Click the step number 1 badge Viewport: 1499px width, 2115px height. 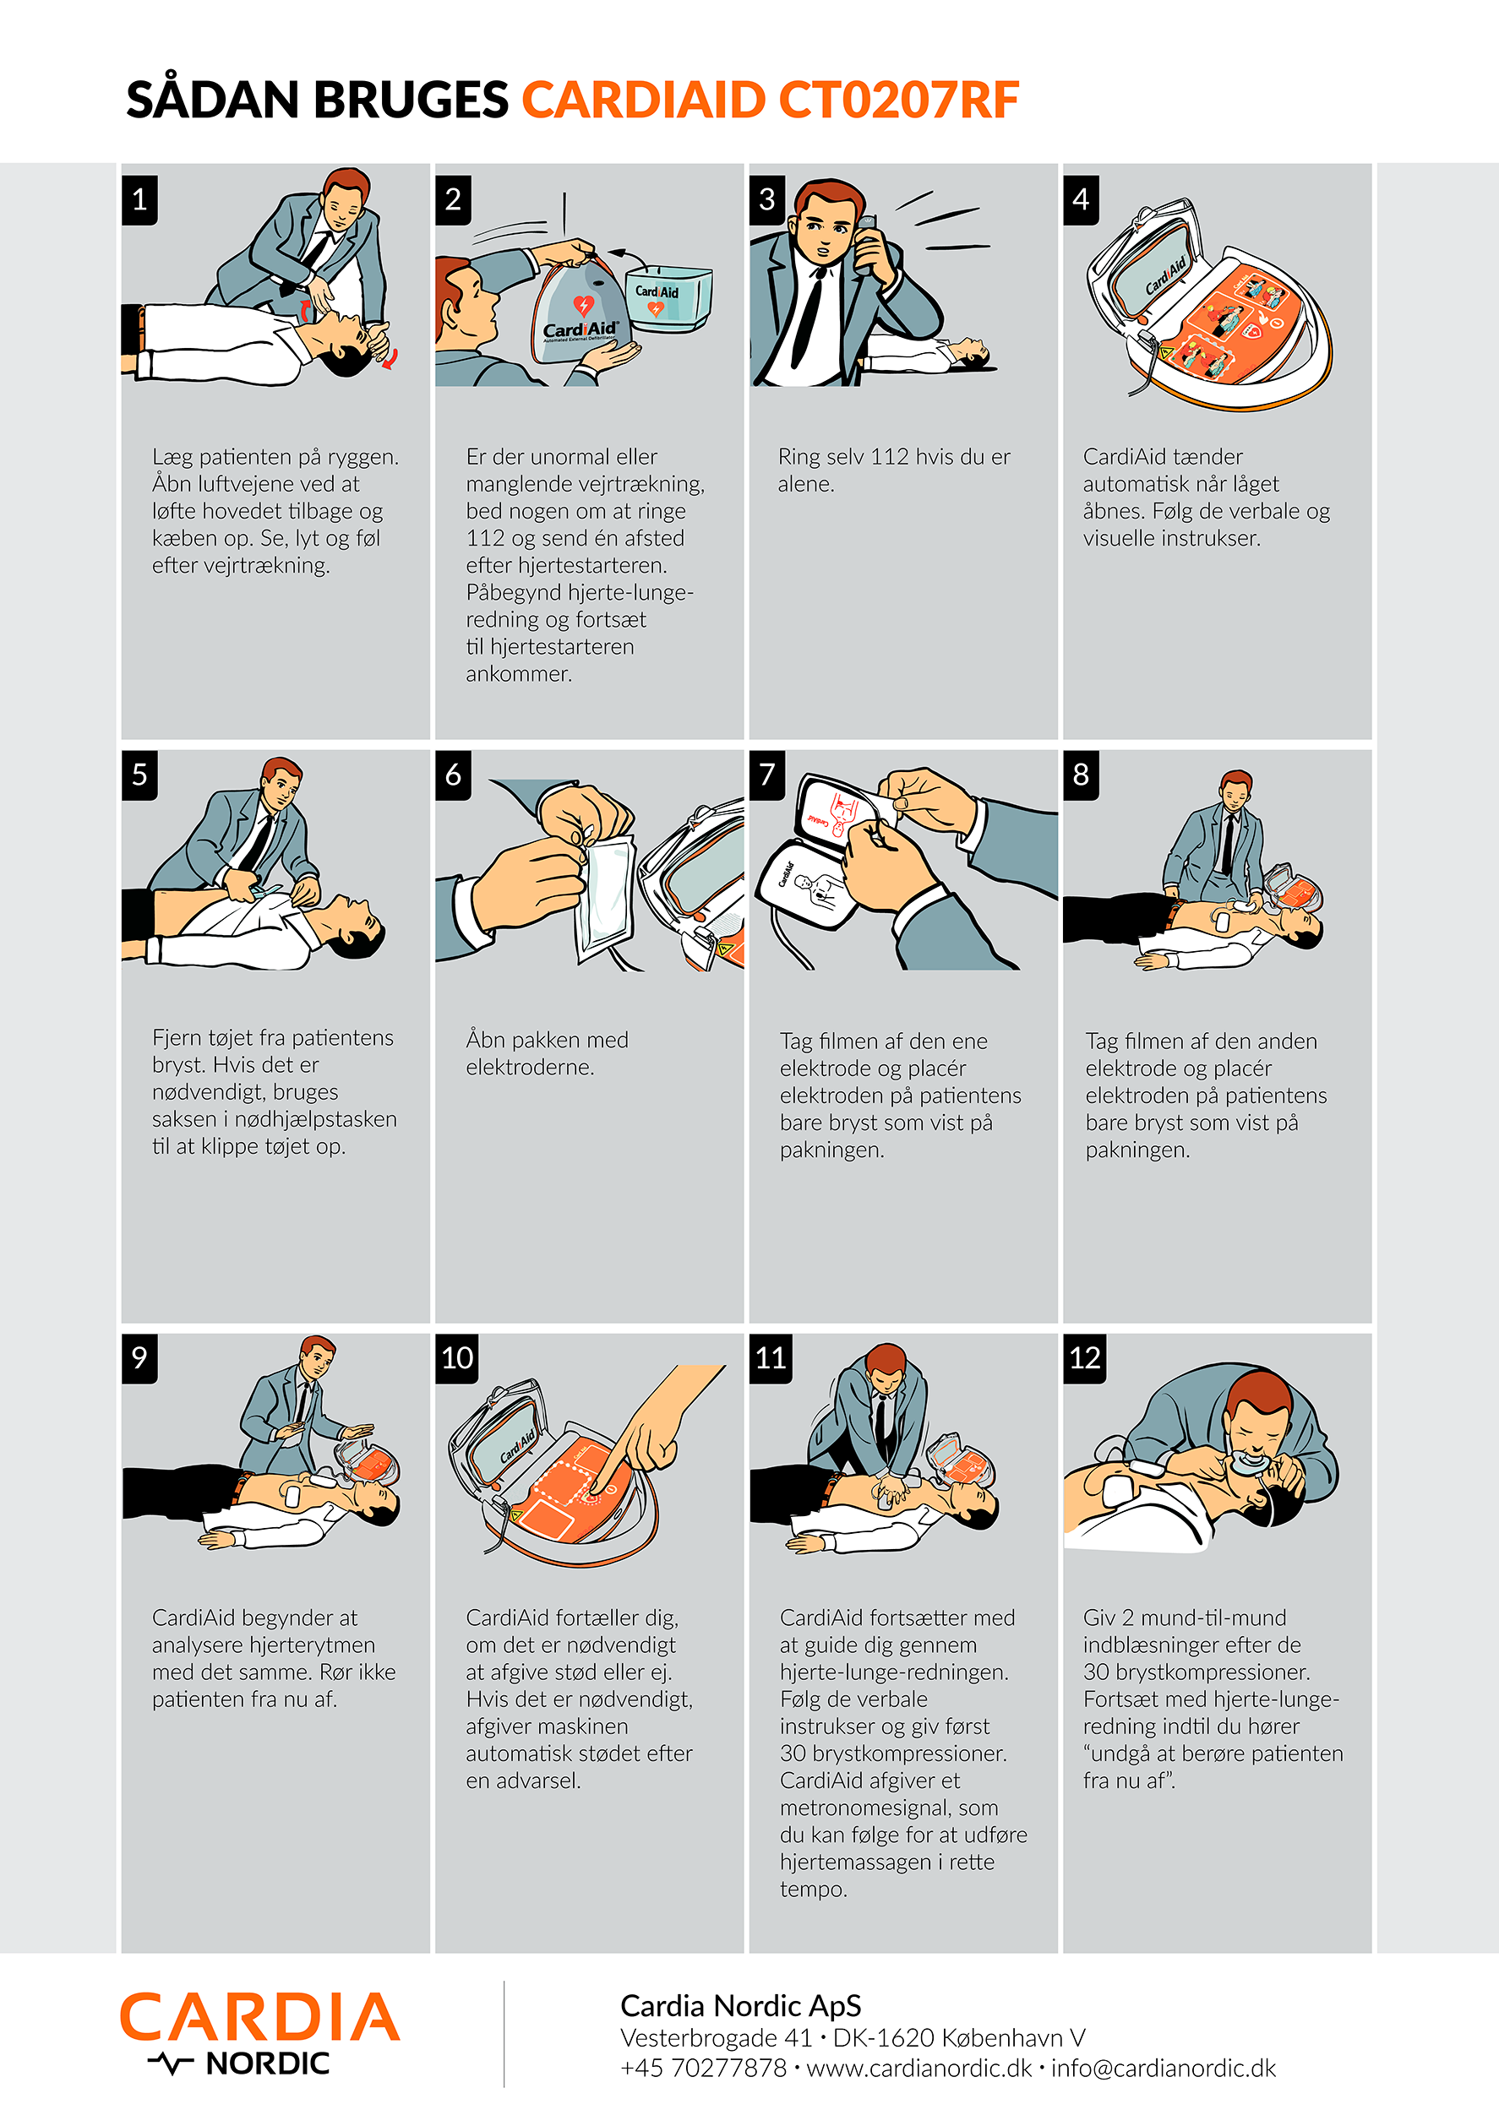[139, 199]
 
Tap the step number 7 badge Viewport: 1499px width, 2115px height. [767, 775]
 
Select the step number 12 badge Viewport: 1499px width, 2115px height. [1085, 1357]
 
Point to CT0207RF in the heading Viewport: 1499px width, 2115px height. [898, 101]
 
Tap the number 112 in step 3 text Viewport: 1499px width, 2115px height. [890, 457]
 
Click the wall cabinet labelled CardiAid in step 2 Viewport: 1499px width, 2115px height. [668, 298]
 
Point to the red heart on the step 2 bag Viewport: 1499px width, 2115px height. [582, 305]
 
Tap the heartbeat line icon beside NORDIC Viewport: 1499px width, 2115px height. [171, 2064]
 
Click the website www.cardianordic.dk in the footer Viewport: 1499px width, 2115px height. [919, 2068]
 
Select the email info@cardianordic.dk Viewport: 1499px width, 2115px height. [1163, 2068]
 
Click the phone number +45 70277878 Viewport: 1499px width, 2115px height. [703, 2068]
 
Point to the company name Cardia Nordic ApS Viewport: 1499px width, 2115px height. [740, 2006]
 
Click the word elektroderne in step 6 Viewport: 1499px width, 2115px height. [530, 1068]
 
